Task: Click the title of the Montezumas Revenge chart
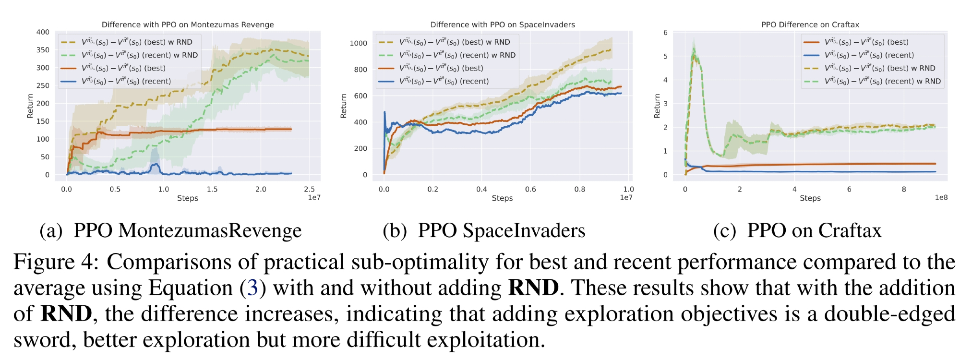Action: [x=188, y=24]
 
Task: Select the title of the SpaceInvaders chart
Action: [x=502, y=24]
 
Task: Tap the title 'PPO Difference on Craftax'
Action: [x=810, y=24]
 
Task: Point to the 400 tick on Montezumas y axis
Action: [x=43, y=32]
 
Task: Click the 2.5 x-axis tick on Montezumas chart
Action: [x=309, y=189]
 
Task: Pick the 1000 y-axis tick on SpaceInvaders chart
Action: [x=358, y=43]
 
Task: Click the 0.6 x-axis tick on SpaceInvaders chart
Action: [x=530, y=189]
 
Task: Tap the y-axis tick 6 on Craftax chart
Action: [x=665, y=33]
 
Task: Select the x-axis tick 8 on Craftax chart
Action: [x=903, y=189]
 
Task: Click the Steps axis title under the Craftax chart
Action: [x=810, y=198]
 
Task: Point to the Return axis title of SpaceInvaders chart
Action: [x=343, y=106]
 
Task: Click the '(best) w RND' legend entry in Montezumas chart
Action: [x=136, y=42]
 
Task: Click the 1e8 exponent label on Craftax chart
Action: [x=941, y=197]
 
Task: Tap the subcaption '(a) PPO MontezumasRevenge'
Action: [x=170, y=231]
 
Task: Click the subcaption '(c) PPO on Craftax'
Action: [x=797, y=231]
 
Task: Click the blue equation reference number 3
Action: [x=252, y=288]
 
